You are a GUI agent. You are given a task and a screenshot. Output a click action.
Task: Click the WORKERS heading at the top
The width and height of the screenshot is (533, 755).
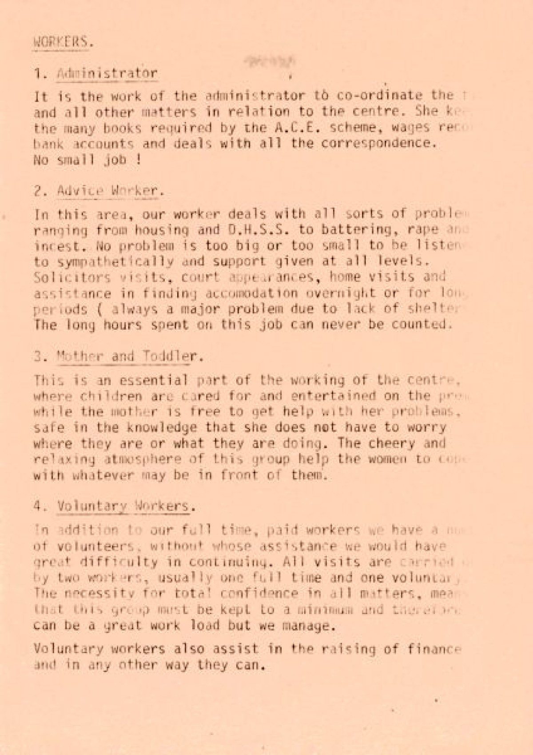(63, 42)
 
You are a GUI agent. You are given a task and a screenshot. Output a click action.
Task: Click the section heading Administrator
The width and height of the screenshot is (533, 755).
(107, 73)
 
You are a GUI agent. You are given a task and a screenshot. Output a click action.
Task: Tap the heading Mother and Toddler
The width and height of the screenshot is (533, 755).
(126, 356)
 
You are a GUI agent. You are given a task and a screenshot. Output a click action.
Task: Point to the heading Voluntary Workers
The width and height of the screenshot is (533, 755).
(123, 506)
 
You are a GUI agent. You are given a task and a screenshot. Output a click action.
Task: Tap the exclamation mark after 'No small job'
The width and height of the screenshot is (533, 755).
(139, 159)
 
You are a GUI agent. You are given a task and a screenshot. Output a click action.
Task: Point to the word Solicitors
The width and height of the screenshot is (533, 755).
(72, 277)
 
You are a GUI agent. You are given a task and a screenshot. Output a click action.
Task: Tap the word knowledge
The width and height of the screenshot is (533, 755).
(161, 427)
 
